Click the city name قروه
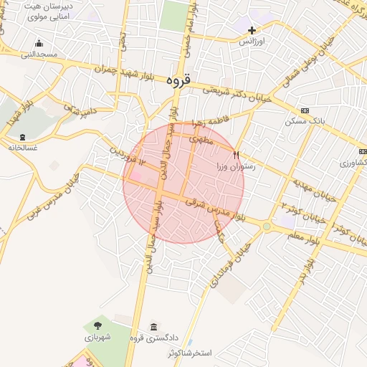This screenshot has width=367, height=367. point(178,80)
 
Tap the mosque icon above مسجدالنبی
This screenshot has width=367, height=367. point(38,43)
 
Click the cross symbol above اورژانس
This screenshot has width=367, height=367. point(252,30)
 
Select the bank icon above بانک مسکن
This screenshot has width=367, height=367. point(305,110)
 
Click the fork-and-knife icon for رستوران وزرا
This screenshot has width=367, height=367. point(236,154)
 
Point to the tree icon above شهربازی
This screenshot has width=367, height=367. point(98,325)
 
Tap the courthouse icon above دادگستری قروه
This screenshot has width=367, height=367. point(153,327)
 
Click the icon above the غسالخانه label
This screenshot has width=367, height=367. point(23,136)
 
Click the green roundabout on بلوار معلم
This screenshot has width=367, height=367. point(267,227)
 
